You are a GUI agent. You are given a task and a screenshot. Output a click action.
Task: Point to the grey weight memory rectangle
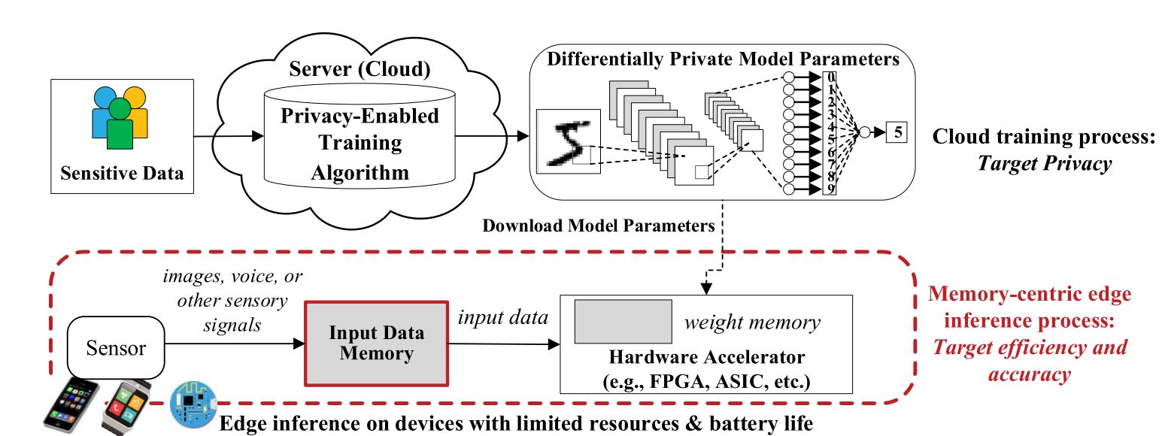pyautogui.click(x=623, y=322)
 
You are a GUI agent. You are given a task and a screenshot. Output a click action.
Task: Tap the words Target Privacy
pyautogui.click(x=1048, y=165)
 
